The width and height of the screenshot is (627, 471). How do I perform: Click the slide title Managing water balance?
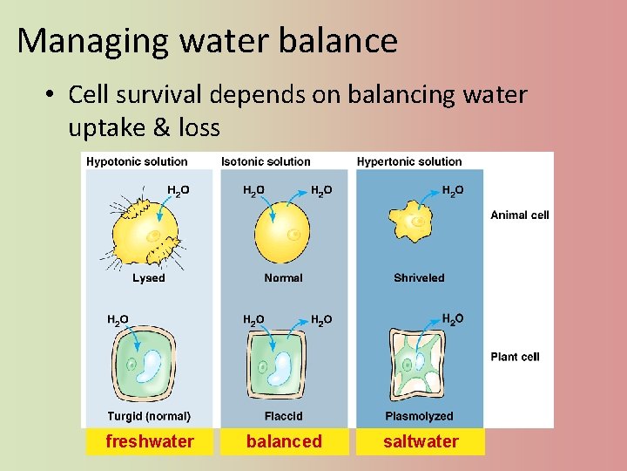point(207,41)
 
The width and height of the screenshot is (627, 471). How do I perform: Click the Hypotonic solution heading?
point(137,161)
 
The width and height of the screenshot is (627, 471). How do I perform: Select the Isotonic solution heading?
point(266,161)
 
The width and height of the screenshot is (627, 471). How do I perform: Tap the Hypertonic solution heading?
point(409,161)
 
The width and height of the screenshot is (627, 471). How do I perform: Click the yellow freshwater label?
point(149,441)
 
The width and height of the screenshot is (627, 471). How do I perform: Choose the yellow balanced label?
point(284,441)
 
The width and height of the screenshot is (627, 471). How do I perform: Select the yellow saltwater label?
point(421,441)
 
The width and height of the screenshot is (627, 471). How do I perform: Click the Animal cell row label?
point(520,215)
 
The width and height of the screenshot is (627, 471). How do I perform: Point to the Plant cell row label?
point(516,357)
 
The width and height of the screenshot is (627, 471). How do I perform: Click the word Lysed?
point(148,278)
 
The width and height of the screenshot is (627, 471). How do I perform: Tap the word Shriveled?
point(419,278)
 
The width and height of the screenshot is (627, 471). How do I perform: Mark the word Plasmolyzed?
point(419,417)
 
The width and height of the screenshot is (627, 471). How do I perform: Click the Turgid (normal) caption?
point(149,417)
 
